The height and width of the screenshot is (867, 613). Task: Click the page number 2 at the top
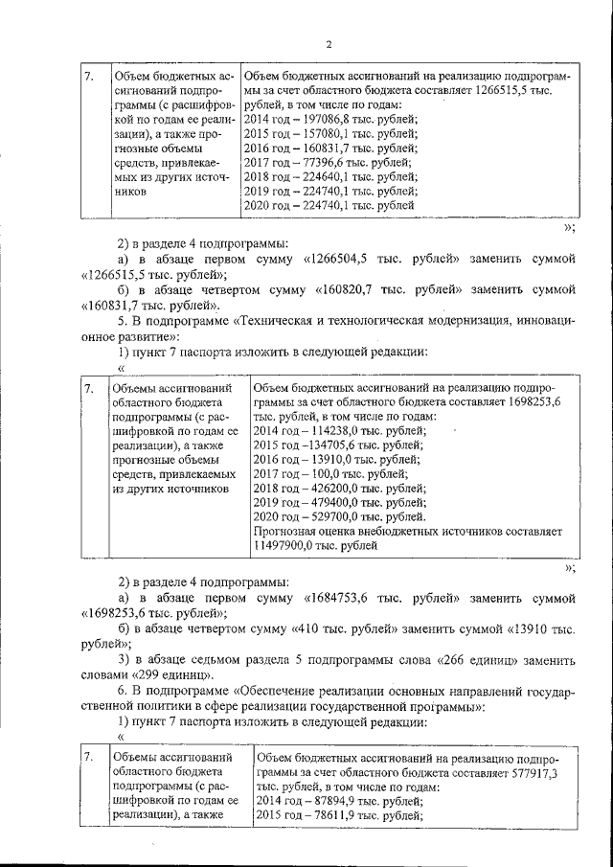tap(328, 43)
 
